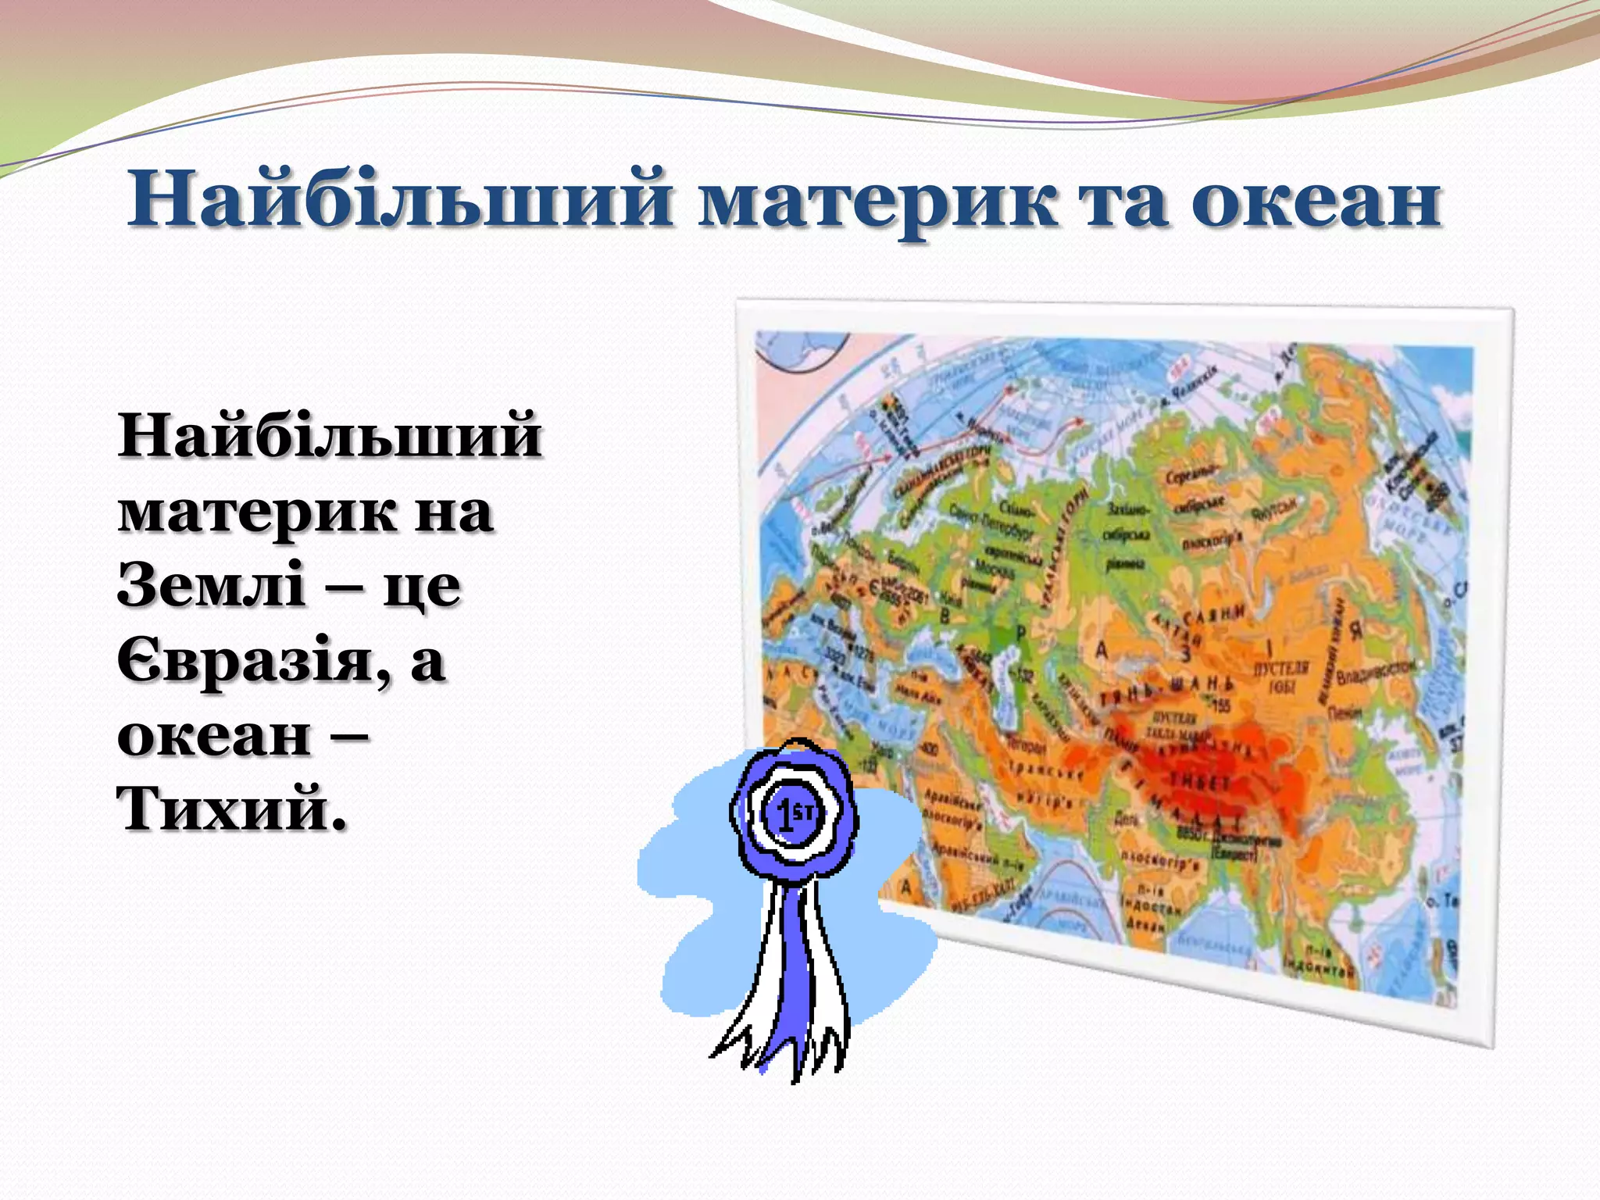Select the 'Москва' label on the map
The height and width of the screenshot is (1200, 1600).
[994, 569]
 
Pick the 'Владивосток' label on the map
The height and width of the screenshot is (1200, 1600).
[1375, 673]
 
